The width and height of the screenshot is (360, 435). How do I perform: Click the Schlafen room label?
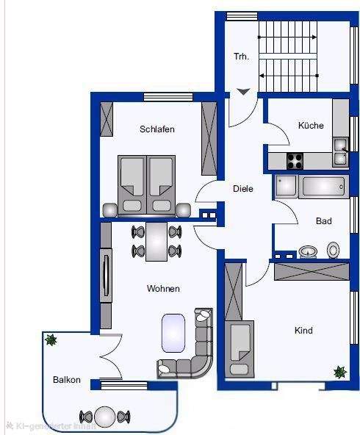(156, 129)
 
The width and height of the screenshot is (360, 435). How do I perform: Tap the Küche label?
(310, 126)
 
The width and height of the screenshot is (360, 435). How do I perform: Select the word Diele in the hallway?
(242, 189)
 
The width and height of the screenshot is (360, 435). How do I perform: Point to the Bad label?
(324, 220)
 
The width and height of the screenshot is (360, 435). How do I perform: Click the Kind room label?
(303, 331)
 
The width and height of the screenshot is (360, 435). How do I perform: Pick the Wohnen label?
(162, 289)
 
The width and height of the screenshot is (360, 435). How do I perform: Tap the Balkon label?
(66, 380)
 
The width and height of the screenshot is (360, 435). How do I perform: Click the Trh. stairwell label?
(242, 57)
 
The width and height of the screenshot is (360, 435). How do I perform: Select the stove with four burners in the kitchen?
(295, 159)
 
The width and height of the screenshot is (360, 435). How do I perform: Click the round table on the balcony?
(106, 417)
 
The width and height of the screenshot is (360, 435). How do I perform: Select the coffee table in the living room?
(173, 331)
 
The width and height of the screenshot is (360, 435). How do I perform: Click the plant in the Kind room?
(339, 373)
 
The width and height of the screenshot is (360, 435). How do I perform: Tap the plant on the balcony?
(51, 339)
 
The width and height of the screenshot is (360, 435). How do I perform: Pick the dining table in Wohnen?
(156, 242)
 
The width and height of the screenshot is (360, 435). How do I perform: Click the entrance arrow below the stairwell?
(243, 92)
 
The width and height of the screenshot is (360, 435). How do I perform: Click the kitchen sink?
(340, 151)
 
